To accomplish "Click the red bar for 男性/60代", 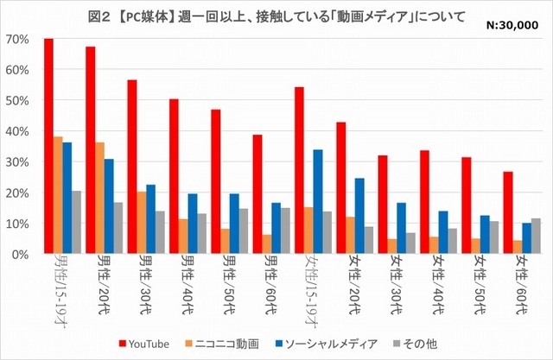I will point(257,194).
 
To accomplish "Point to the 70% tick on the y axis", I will point(17,40).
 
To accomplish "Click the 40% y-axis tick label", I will point(17,131).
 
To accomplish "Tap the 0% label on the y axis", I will point(20,255).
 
